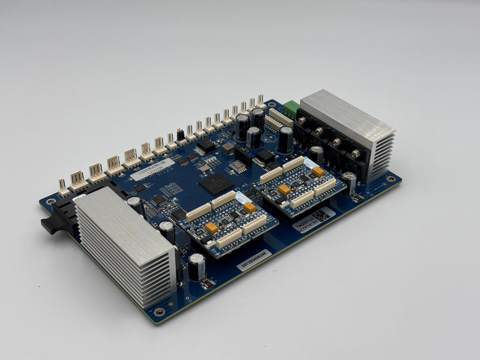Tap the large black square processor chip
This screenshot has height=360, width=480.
click(x=215, y=183)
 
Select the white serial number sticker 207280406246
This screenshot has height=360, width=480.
click(x=254, y=260)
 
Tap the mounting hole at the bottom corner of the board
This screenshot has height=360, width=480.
click(x=159, y=311)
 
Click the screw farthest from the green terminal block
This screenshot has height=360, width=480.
click(x=356, y=154)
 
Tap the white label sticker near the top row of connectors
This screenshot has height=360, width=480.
click(x=153, y=169)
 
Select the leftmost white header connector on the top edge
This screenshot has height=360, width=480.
click(x=63, y=185)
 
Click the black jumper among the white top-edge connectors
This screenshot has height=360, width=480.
click(x=180, y=135)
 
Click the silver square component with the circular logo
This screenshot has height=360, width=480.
click(x=238, y=166)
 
